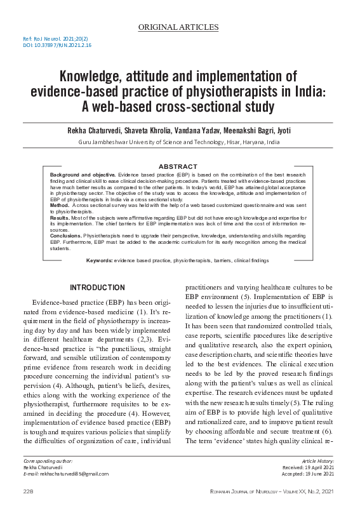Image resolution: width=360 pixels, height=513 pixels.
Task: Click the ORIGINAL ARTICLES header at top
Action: click(178, 27)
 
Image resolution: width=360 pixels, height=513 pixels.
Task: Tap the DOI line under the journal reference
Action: click(57, 46)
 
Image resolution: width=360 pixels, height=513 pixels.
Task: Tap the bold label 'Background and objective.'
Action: click(81, 173)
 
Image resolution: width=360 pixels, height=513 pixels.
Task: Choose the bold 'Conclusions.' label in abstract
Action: click(66, 234)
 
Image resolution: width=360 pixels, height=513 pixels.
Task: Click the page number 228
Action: click(28, 492)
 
